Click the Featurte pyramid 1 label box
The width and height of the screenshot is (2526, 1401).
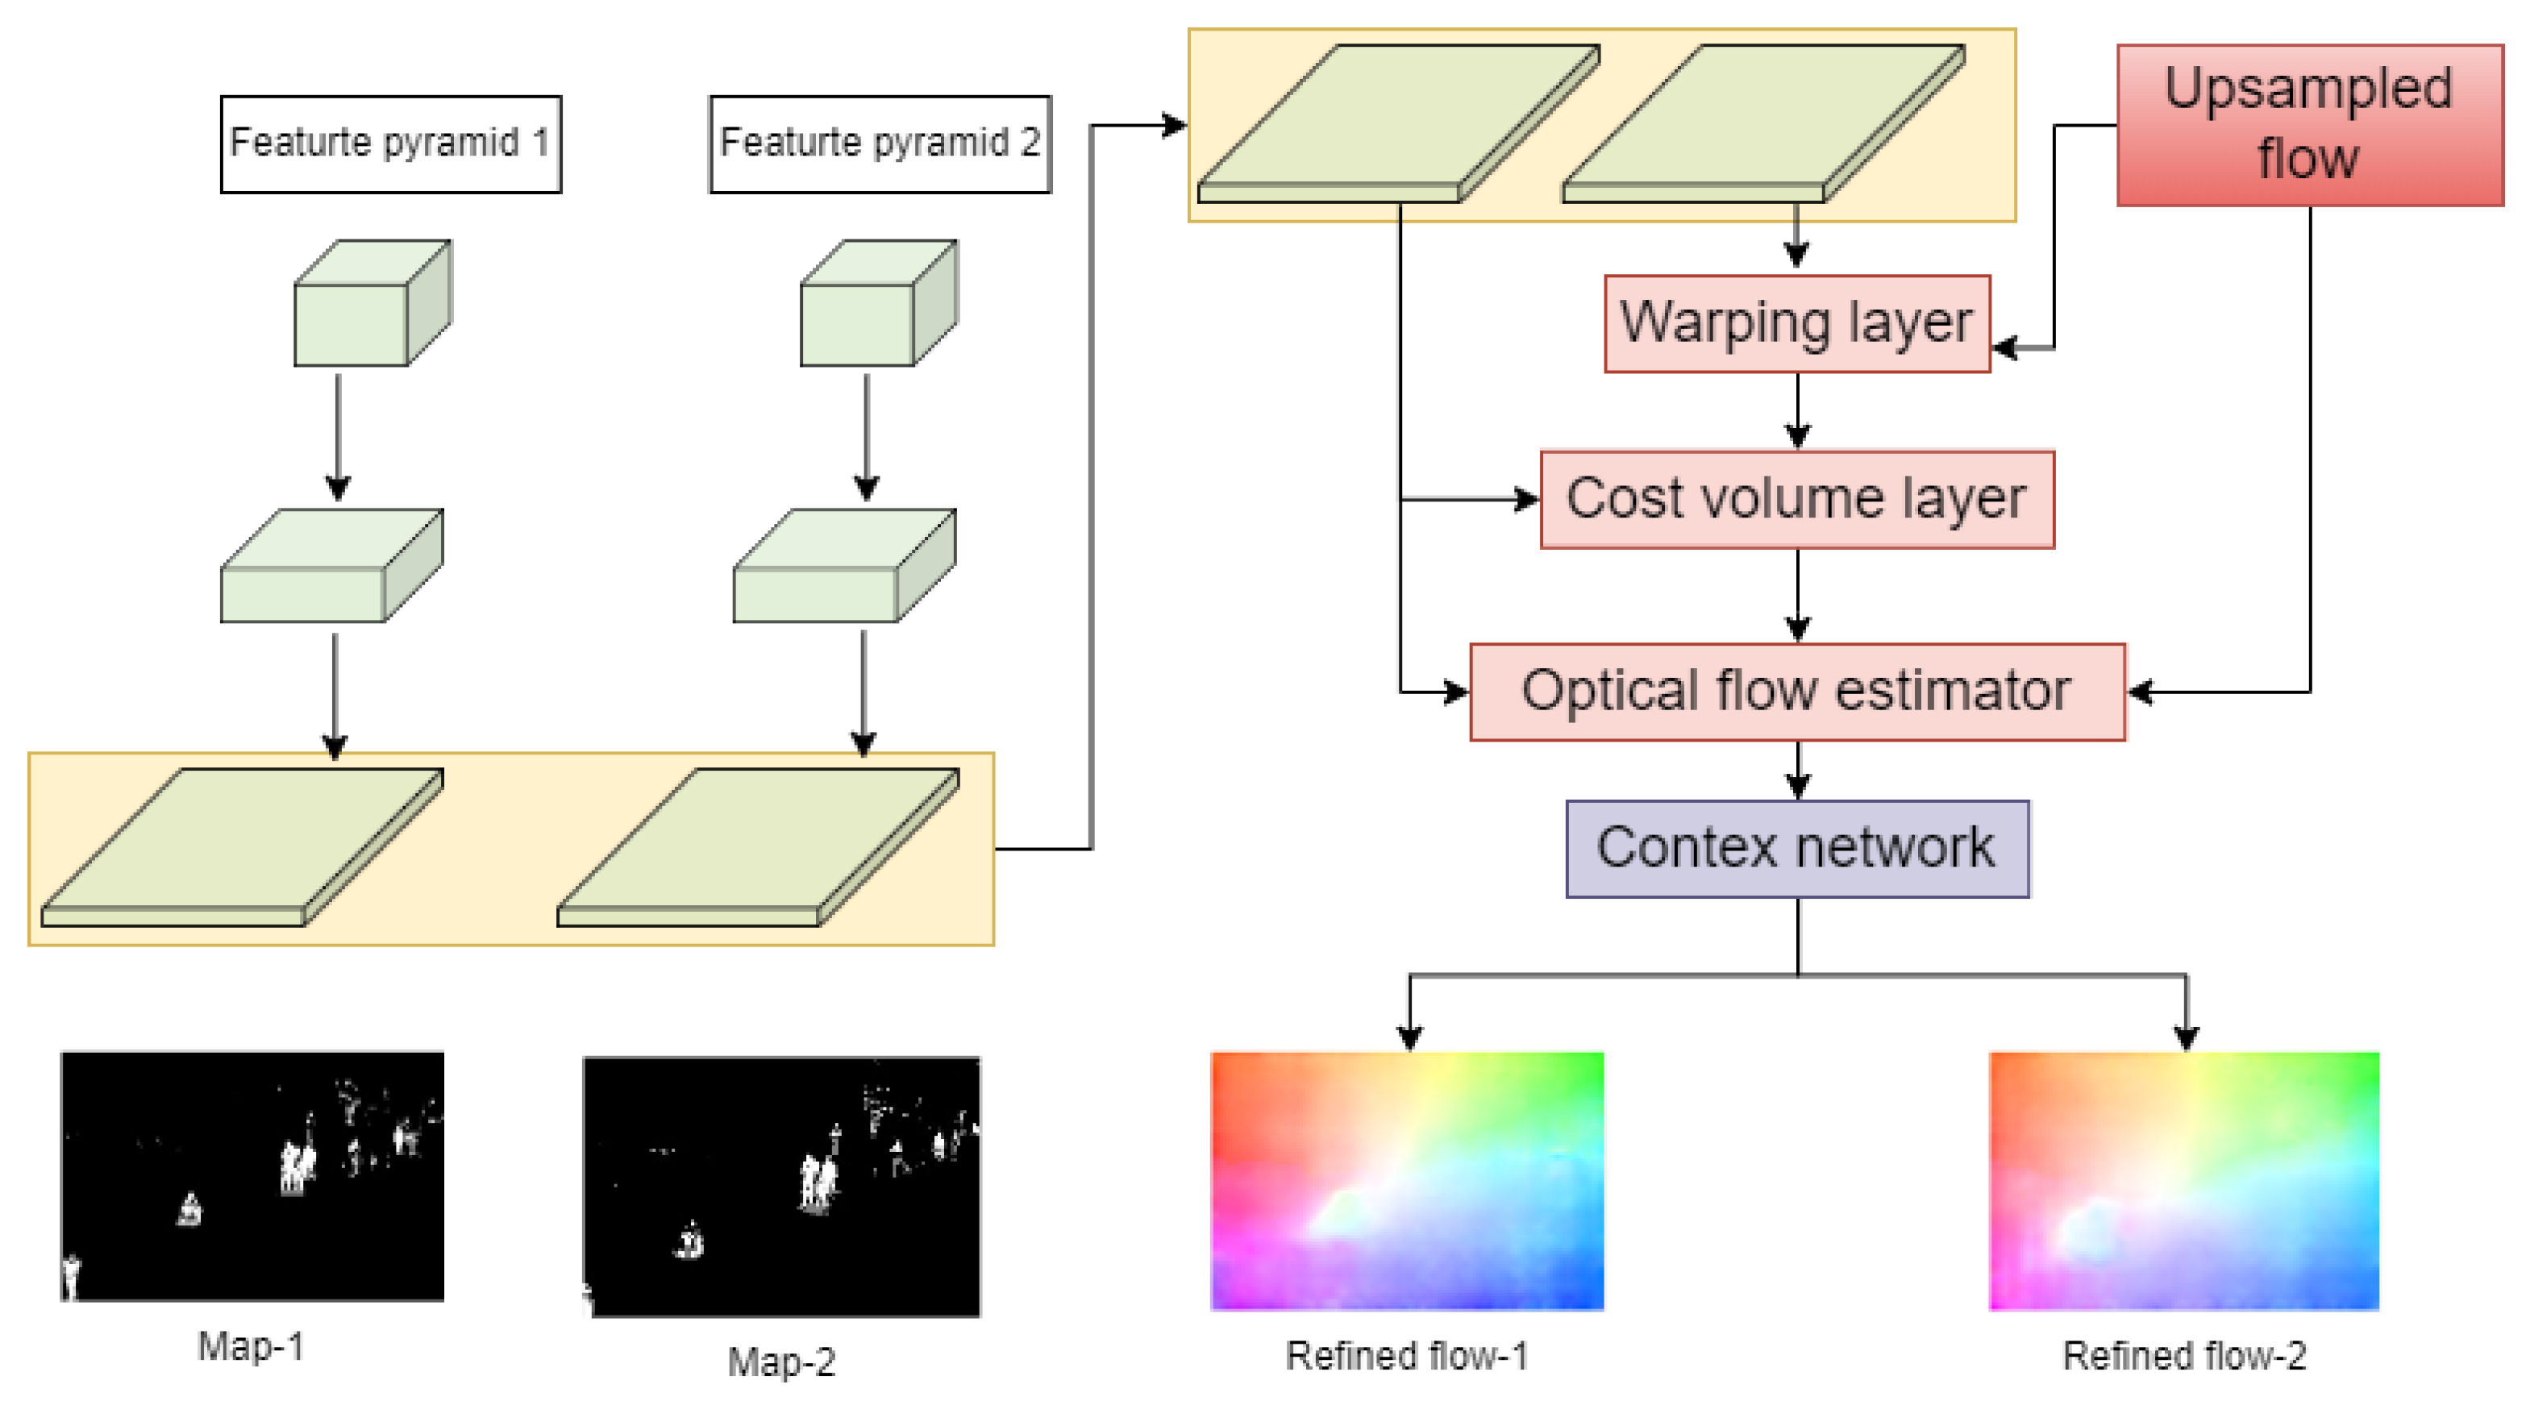[390, 144]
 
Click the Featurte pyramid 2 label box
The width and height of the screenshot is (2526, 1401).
[880, 144]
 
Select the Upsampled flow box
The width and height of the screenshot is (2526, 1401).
[2308, 124]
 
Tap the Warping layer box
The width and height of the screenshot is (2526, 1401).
[1796, 323]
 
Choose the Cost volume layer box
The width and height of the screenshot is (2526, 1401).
[1796, 499]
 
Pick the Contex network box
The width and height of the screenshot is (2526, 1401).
[1796, 848]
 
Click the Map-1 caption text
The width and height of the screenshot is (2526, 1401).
[251, 1346]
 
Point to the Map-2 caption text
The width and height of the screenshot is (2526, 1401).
[780, 1361]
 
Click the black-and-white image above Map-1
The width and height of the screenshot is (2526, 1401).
[252, 1175]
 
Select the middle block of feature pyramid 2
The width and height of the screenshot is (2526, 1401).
[843, 566]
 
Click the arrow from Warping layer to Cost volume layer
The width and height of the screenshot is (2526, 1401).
[1796, 412]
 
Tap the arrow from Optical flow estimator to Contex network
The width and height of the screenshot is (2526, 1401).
[1796, 771]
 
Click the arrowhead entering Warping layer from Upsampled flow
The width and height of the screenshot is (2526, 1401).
[2006, 347]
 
